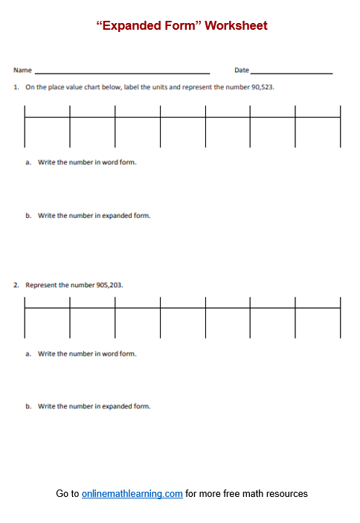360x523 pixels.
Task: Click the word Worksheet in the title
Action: coord(236,25)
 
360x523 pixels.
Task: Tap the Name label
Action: coord(22,71)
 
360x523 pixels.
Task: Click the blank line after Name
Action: coord(122,72)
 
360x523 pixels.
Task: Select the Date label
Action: coord(242,71)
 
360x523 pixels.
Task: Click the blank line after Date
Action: coord(292,72)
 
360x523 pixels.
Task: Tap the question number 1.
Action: coord(16,87)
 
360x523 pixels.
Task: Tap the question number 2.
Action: coord(16,285)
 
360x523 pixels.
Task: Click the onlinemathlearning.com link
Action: coord(132,493)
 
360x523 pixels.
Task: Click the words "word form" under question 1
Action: coord(120,161)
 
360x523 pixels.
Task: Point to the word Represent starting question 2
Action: coord(42,285)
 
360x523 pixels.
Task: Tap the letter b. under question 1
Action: coord(28,216)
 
